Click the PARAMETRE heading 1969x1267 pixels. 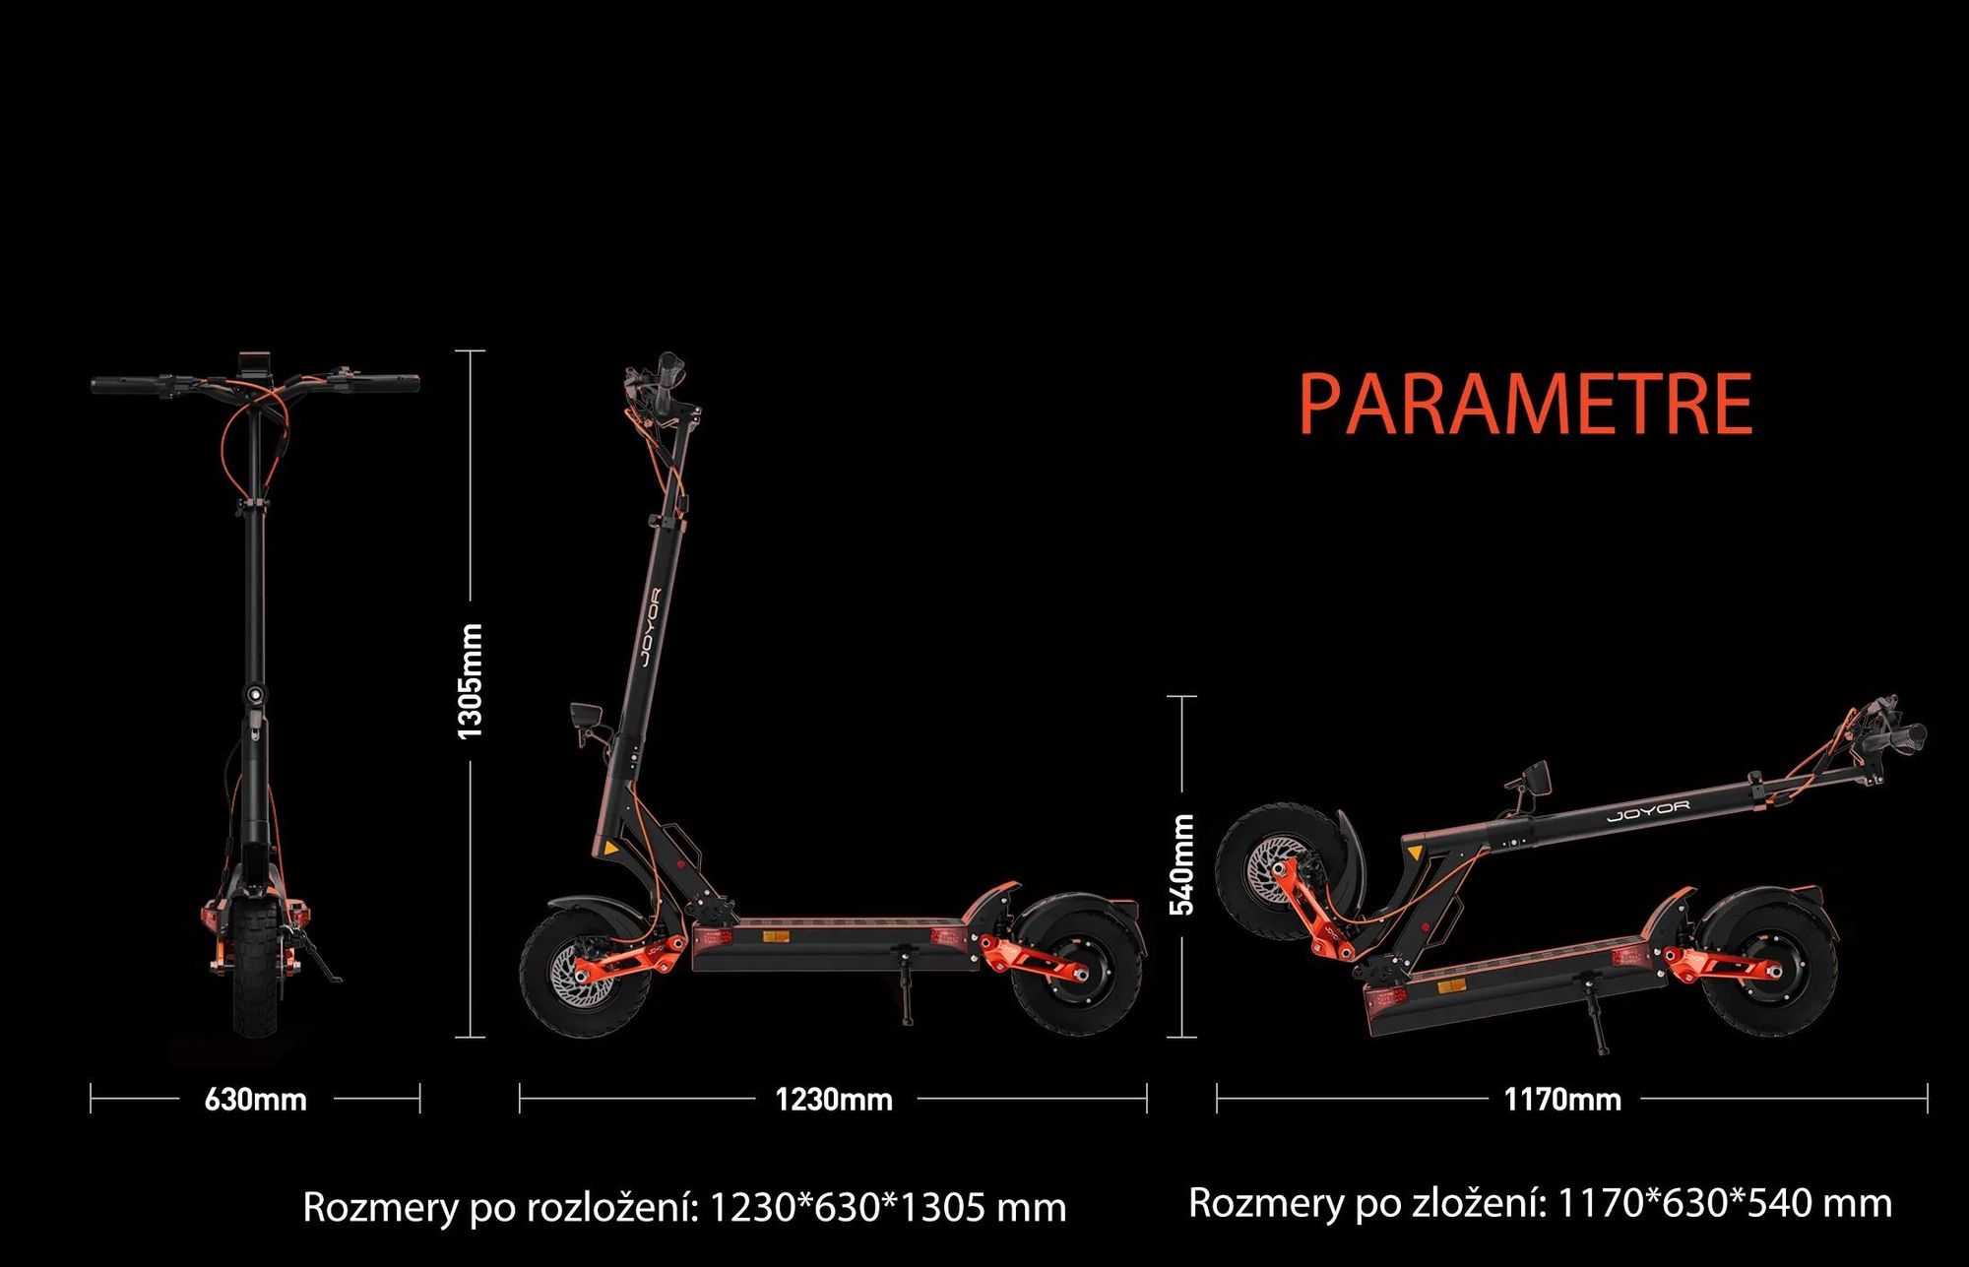1526,404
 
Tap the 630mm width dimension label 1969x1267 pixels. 255,1099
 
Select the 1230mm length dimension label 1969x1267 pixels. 834,1099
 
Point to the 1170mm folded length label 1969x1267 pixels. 1562,1099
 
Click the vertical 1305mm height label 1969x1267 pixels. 471,680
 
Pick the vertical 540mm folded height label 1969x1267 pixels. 1181,864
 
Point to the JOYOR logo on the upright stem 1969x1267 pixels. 650,627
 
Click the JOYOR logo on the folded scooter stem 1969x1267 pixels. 1648,811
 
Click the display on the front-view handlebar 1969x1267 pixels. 255,361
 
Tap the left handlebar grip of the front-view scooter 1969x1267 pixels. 124,384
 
